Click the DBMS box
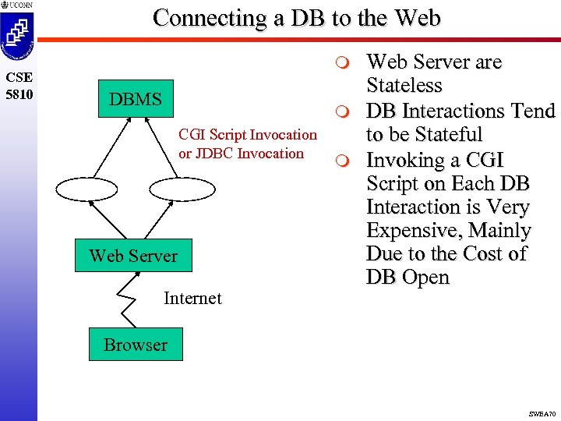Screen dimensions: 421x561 point(136,99)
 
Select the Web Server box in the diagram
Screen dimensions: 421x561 point(133,256)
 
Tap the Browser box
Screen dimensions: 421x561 point(136,345)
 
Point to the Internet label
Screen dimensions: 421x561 point(192,298)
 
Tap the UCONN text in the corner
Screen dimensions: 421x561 point(19,5)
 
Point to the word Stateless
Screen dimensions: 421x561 point(404,86)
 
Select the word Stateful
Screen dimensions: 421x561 point(446,135)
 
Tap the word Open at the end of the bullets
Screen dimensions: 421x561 point(426,278)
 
